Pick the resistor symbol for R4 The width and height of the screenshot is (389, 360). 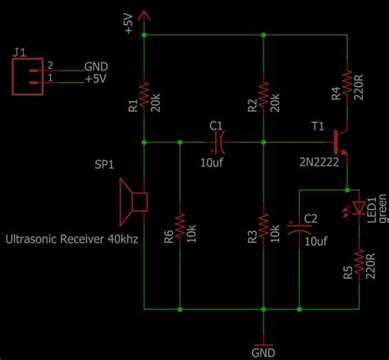pyautogui.click(x=347, y=81)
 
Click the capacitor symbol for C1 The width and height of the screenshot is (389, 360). pyautogui.click(x=217, y=142)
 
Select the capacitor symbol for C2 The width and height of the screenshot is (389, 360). pyautogui.click(x=299, y=228)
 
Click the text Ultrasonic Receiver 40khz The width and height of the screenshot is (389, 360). pyautogui.click(x=72, y=239)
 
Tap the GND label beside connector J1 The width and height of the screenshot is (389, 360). pyautogui.click(x=95, y=66)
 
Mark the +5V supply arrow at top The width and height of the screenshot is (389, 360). pyautogui.click(x=144, y=14)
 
